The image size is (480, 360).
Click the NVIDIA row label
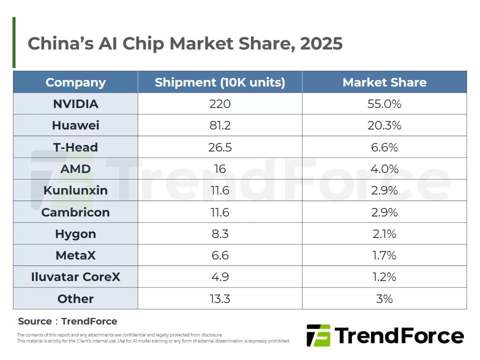(75, 104)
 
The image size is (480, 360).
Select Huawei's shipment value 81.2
(220, 125)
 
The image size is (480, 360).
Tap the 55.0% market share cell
(384, 104)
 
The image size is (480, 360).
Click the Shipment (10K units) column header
(220, 82)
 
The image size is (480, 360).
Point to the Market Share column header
(384, 82)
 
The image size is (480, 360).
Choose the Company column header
(75, 82)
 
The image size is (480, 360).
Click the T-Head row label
(75, 147)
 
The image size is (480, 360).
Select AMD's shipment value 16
(220, 168)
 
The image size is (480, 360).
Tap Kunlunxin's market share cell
(384, 190)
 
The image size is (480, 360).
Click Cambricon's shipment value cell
(220, 212)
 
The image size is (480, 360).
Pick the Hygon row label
(75, 234)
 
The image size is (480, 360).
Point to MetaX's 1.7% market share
(384, 255)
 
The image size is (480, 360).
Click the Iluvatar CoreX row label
(75, 276)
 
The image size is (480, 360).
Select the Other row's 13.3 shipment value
(220, 299)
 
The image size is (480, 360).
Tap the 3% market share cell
(384, 299)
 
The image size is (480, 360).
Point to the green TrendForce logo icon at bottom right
(318, 335)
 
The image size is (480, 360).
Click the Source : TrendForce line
(67, 321)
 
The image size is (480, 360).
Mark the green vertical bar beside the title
(14, 42)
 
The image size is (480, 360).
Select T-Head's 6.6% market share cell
(384, 147)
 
